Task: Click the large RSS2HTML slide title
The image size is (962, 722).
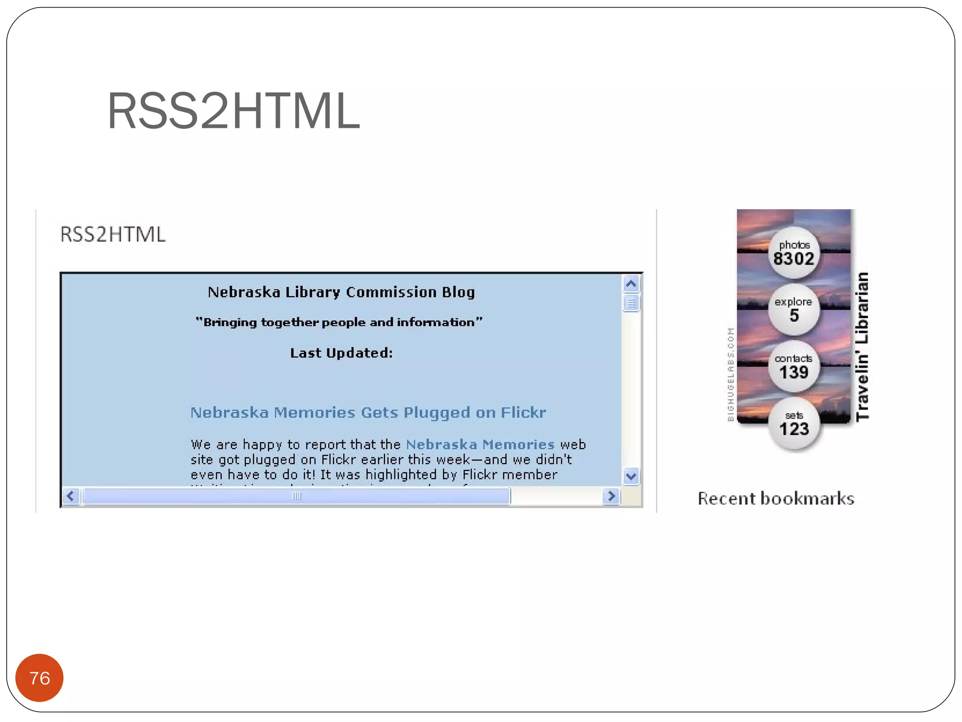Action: tap(233, 111)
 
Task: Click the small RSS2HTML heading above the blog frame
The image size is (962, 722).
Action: tap(113, 235)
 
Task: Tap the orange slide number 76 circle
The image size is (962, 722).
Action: tap(39, 678)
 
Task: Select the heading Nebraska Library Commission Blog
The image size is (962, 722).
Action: tap(341, 292)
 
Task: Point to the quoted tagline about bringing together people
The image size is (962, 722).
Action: tap(339, 322)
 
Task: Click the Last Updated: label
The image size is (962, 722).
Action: tap(341, 353)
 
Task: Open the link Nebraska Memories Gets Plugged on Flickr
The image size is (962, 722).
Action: tap(368, 413)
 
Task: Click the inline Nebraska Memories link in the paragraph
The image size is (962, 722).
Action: tap(480, 444)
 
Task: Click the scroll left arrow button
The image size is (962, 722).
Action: tap(71, 496)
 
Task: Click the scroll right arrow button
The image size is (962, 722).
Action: tap(611, 496)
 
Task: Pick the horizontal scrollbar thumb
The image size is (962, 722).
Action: tap(296, 496)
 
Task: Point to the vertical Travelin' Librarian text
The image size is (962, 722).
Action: tap(862, 347)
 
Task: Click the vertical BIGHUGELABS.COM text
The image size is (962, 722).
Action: tap(730, 374)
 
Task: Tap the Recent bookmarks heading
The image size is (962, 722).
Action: tap(776, 499)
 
